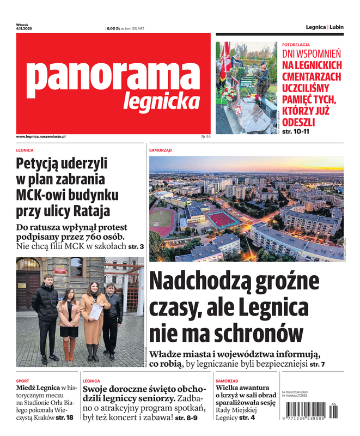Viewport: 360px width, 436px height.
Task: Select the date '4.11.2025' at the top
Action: click(x=24, y=28)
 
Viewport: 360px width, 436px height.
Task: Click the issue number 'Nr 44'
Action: click(x=206, y=136)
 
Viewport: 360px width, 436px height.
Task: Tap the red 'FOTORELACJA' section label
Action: click(x=296, y=44)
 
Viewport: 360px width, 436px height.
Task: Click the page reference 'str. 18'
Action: click(x=64, y=417)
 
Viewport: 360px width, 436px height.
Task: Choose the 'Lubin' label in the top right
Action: click(x=337, y=27)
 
